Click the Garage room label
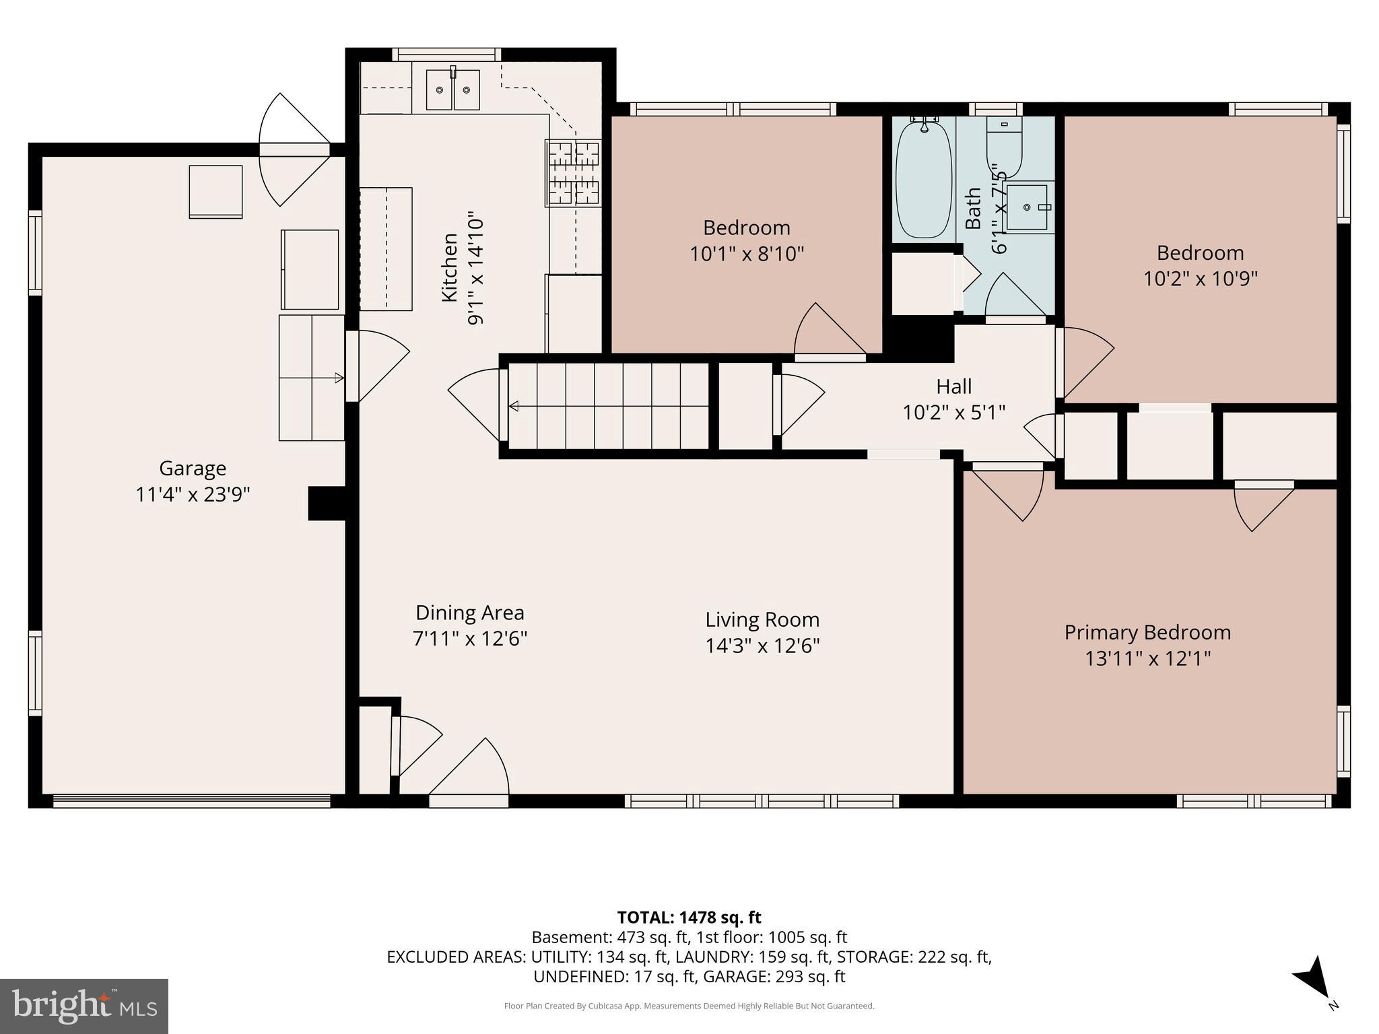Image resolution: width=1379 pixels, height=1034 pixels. coord(193,468)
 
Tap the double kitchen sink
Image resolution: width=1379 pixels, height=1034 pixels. coord(452,90)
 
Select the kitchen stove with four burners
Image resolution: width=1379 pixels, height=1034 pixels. coord(573,172)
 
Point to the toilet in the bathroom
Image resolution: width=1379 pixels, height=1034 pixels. coord(1005,146)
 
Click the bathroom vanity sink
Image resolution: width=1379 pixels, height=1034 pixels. coord(1028,207)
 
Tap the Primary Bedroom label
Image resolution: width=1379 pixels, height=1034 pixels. coord(1147,632)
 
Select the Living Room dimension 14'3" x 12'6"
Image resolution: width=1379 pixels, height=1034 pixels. coord(762,646)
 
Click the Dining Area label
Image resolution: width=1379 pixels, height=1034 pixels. coord(469,613)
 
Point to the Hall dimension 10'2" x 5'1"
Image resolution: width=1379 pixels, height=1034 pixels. coord(954,412)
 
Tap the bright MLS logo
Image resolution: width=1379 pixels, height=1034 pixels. coord(84,1006)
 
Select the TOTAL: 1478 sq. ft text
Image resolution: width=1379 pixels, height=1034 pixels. coord(689,917)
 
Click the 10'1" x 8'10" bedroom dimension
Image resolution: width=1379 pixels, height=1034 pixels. coord(747,254)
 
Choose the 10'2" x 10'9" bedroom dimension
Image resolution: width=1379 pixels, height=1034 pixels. coord(1201,278)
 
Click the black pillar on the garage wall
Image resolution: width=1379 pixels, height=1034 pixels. coord(327,504)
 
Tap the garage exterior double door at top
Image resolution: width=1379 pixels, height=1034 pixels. coord(294,149)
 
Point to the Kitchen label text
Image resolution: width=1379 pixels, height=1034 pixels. coord(449,267)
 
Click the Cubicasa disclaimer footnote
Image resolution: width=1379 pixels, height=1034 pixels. coord(689,1006)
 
